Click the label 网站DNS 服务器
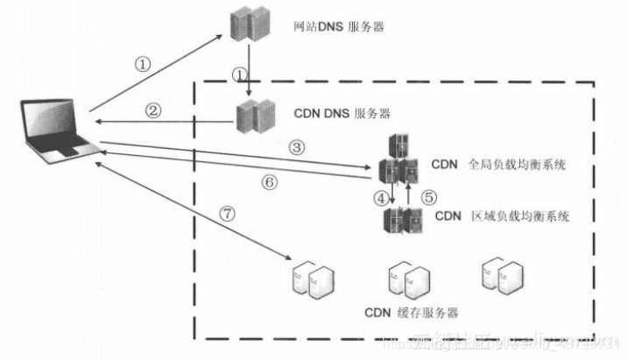pos(339,27)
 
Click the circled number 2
pos(154,111)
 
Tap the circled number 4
pos(380,198)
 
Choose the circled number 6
pos(270,182)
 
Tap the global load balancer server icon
pos(398,161)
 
